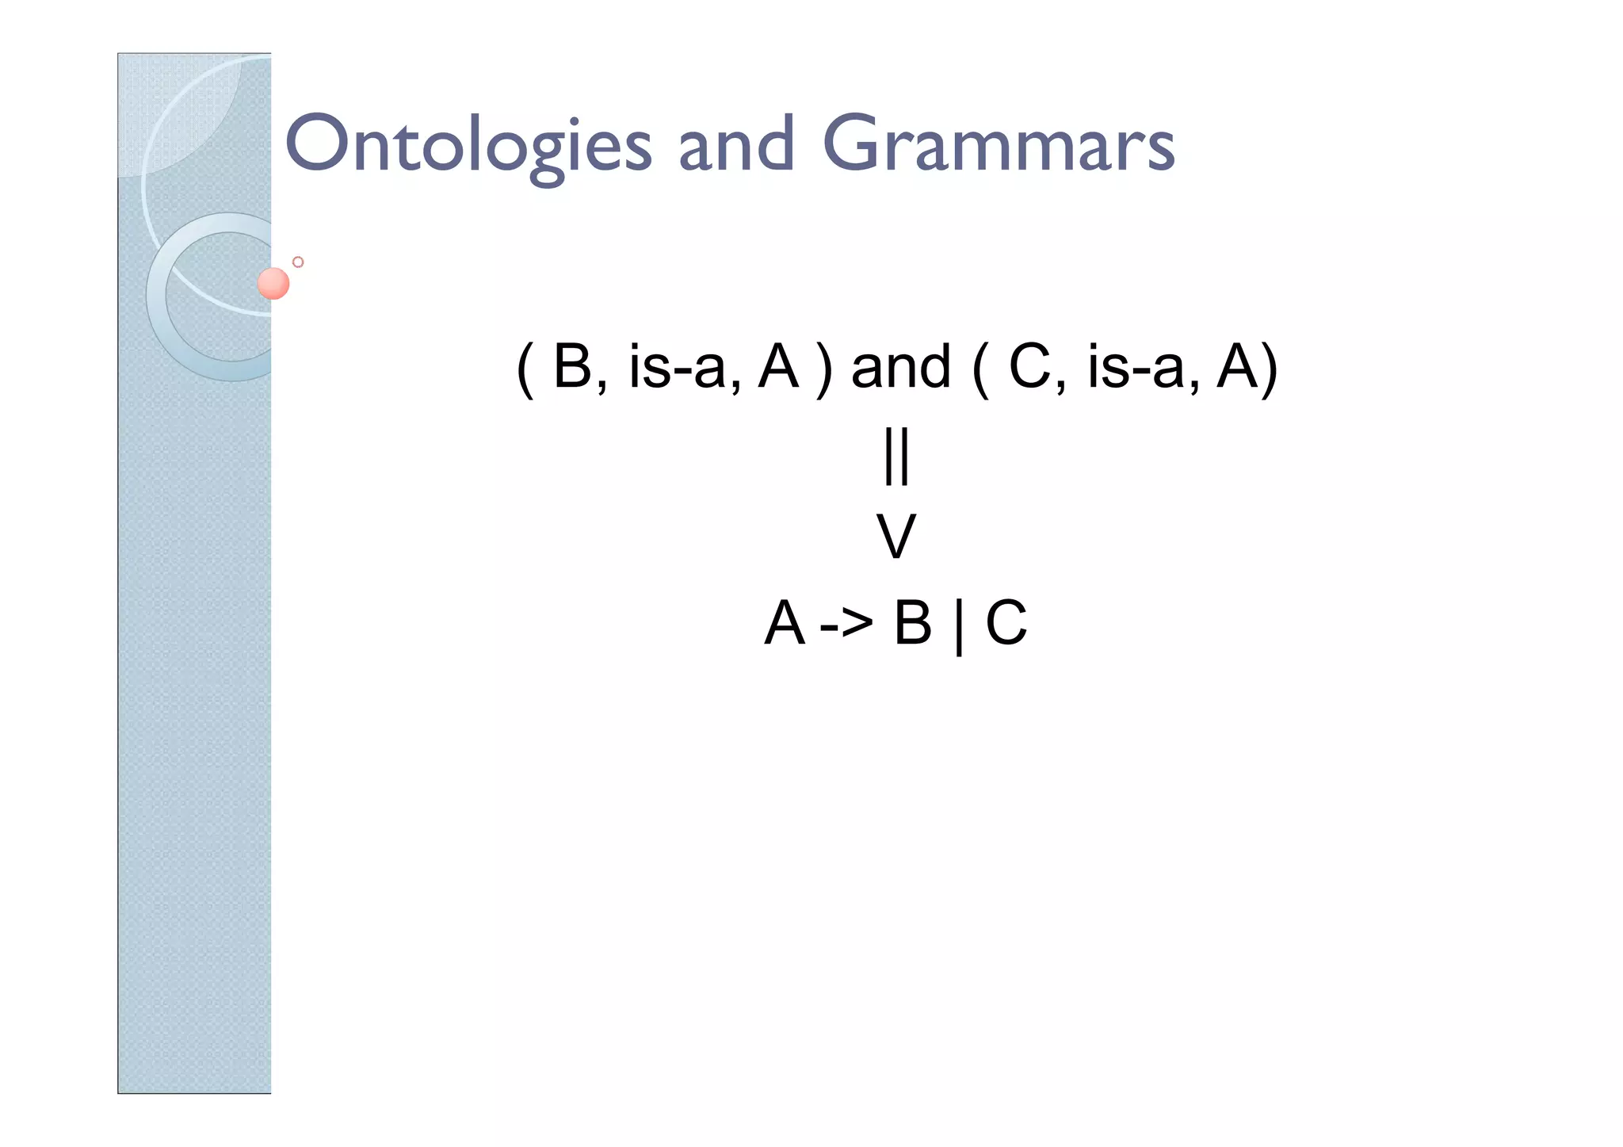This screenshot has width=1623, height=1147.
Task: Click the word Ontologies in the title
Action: click(x=468, y=145)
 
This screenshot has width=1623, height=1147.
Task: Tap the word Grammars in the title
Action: click(x=999, y=145)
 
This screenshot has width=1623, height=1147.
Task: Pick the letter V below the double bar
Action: click(x=896, y=537)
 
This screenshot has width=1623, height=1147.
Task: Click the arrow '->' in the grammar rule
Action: click(x=846, y=624)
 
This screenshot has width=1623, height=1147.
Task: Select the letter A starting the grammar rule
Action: click(x=785, y=623)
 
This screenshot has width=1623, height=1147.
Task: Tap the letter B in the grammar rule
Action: click(x=913, y=623)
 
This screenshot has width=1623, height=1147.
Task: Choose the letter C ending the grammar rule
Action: click(x=1006, y=623)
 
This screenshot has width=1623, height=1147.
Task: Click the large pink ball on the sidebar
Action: click(x=273, y=283)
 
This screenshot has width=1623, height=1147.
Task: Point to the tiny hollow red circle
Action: click(x=298, y=262)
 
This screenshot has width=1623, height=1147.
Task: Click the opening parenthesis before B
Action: click(x=524, y=369)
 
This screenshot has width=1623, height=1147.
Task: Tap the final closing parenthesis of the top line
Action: click(x=1269, y=369)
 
